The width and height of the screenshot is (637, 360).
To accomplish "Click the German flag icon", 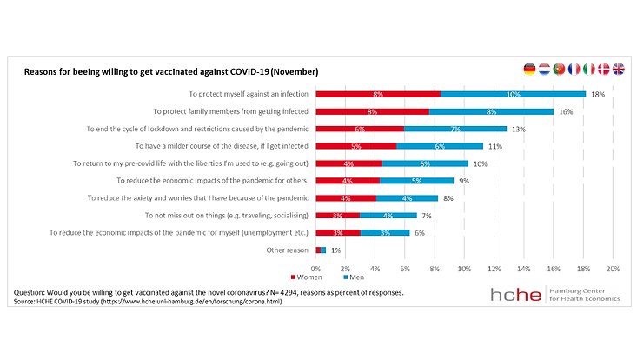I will coord(529,69).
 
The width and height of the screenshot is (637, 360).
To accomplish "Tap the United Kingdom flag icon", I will coord(618,69).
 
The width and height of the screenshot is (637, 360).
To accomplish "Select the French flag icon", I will coord(574,69).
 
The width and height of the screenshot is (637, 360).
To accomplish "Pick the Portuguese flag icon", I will coord(559,69).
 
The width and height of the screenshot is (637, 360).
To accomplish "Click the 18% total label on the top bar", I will coord(598,94).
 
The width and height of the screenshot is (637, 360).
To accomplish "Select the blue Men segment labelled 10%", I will coord(513,94).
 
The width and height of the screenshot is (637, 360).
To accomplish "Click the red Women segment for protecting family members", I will coord(372,111).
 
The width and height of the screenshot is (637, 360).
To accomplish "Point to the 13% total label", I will coord(519,129).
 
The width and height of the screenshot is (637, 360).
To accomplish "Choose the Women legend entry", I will coord(329,277).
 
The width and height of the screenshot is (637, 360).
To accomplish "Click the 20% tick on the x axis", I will coord(612,268).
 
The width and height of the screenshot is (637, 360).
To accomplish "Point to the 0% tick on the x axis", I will coord(315,268).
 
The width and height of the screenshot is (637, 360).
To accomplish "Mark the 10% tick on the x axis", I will coord(464,268).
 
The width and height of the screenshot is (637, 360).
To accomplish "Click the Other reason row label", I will coord(286,250).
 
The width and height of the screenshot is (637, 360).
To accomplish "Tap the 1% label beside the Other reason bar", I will coord(335,250).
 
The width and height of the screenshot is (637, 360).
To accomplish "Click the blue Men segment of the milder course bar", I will coord(440,146).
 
